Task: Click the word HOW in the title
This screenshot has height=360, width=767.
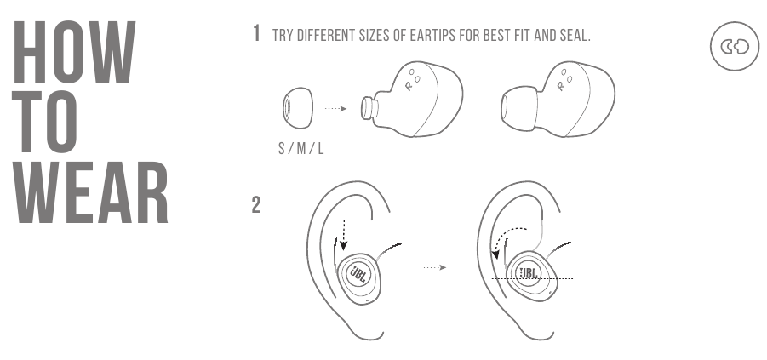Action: tap(74, 52)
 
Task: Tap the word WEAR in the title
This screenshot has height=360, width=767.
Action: tap(91, 192)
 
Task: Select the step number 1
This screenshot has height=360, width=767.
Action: tap(256, 34)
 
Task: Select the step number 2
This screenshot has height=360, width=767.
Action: tap(256, 205)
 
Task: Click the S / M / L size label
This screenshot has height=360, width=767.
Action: tap(301, 148)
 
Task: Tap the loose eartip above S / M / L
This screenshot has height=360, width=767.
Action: tap(297, 108)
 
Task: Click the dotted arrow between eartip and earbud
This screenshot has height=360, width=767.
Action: tap(335, 109)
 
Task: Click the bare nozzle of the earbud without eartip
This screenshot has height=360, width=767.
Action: tap(369, 108)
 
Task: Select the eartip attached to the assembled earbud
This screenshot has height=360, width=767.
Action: tap(519, 109)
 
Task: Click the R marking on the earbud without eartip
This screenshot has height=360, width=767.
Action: tap(409, 86)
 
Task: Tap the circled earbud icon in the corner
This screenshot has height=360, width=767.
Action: tap(735, 47)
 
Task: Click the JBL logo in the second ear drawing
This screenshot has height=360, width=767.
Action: tap(529, 273)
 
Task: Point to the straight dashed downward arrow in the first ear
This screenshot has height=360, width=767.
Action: tap(343, 235)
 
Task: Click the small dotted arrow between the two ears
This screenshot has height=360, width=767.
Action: tap(435, 267)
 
